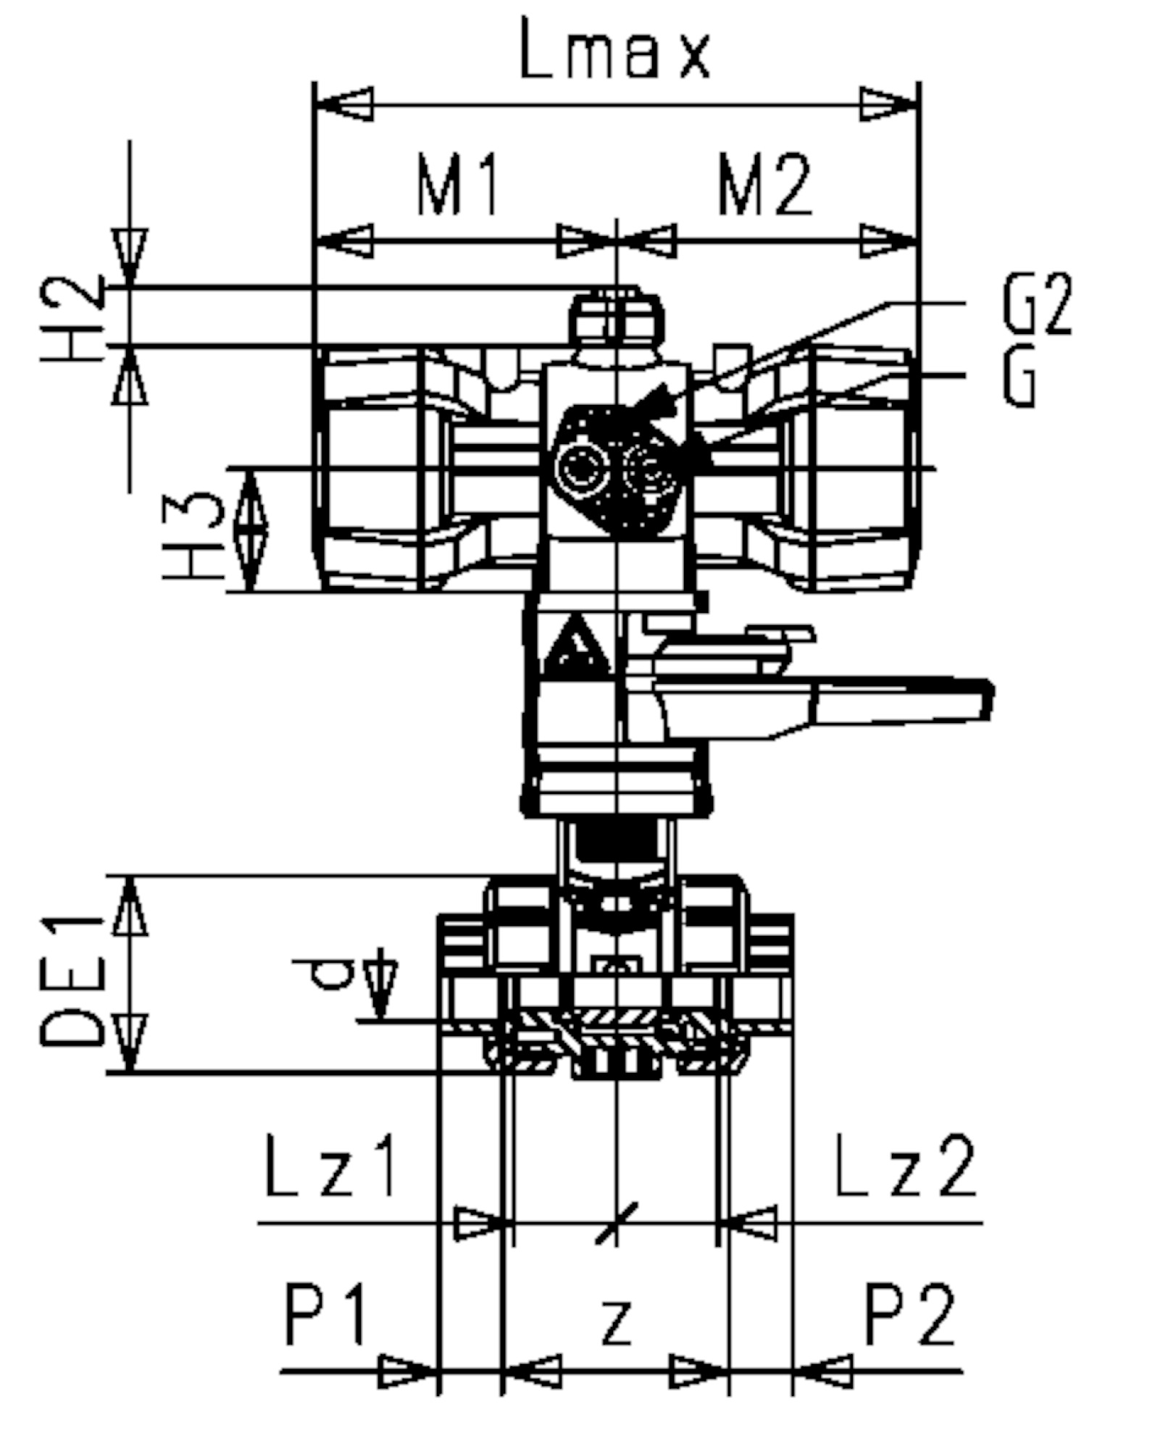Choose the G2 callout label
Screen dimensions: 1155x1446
tap(1038, 305)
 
